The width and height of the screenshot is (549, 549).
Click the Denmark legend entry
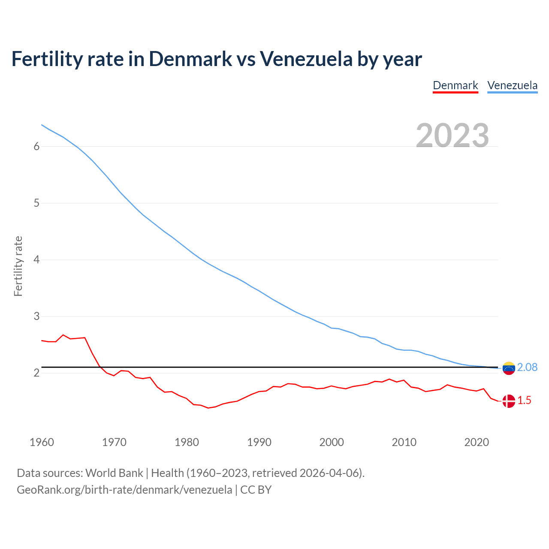tap(455, 85)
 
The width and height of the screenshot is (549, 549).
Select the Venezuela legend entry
tap(512, 85)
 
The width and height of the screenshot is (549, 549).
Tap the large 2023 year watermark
tap(452, 136)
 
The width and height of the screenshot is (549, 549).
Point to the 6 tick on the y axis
tap(36, 147)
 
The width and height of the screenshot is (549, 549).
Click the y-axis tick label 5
tap(36, 203)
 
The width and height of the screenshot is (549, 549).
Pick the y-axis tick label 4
tap(36, 260)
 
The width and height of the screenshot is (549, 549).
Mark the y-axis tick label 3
tap(36, 317)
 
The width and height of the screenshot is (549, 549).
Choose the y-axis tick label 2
tap(36, 373)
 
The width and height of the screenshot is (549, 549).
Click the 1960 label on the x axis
tap(42, 442)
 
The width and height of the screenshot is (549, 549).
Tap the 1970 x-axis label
tap(114, 442)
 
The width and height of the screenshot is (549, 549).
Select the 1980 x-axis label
tap(187, 442)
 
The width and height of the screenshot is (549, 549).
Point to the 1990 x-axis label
tap(259, 442)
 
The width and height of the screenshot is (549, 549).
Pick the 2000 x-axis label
tap(332, 442)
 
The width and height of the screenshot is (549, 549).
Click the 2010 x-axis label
tap(404, 442)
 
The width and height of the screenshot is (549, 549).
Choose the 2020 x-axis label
tap(477, 442)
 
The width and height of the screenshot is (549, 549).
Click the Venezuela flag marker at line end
tap(509, 368)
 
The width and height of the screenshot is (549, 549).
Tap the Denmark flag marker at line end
tap(509, 401)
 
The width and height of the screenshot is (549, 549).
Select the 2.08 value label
tap(527, 368)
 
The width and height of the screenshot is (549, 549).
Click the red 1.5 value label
tap(524, 401)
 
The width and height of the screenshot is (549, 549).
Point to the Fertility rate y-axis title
tap(18, 266)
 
